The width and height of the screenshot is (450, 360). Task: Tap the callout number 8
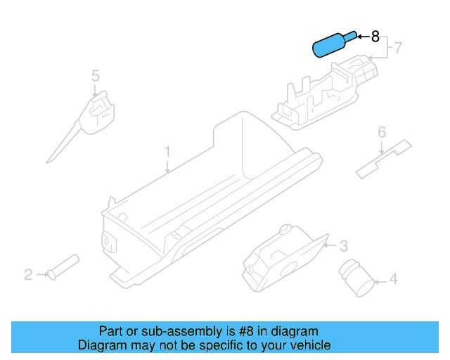[x=375, y=36]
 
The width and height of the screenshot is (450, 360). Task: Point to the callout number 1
[x=167, y=151]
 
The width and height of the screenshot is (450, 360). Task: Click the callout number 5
[x=96, y=75]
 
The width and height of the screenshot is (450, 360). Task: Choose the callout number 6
[x=382, y=132]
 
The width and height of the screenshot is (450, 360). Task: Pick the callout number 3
[x=343, y=245]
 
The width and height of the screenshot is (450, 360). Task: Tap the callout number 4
[x=393, y=280]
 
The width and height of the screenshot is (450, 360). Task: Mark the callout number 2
[x=28, y=274]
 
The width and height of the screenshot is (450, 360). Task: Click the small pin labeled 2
[x=63, y=267]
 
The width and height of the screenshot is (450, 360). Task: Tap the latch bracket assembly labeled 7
[x=327, y=91]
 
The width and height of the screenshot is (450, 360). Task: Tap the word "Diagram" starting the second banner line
[x=101, y=345]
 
